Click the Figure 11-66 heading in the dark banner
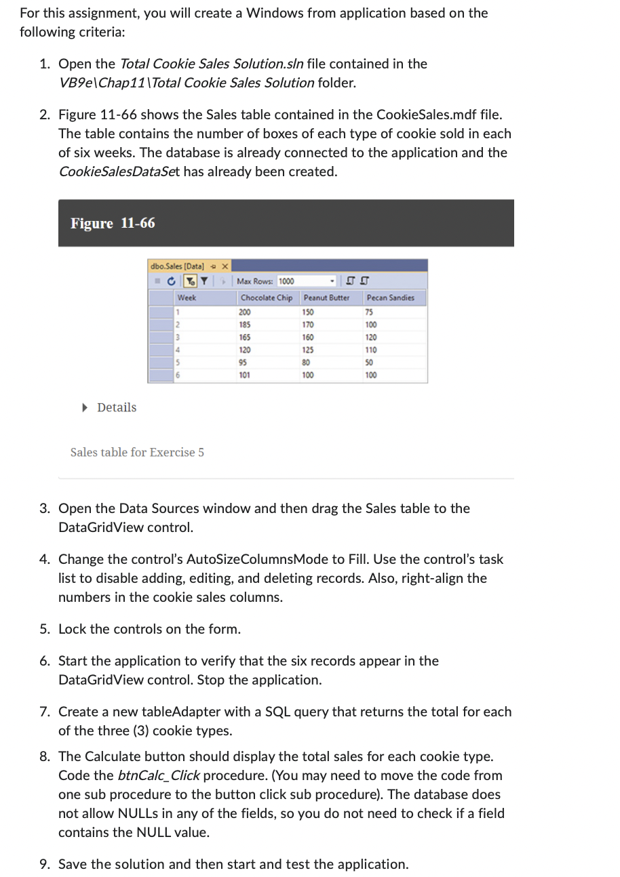click(113, 223)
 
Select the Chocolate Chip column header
click(266, 298)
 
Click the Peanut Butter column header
click(326, 298)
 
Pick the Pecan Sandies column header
click(390, 298)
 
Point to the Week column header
click(187, 298)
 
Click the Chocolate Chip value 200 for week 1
click(245, 312)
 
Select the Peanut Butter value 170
click(308, 325)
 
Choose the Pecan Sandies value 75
click(370, 312)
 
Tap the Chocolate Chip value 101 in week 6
click(245, 375)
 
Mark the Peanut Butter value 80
click(307, 362)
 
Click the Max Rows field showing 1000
click(286, 281)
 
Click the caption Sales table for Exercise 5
click(137, 452)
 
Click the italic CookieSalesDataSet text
click(119, 171)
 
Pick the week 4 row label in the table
click(178, 350)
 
